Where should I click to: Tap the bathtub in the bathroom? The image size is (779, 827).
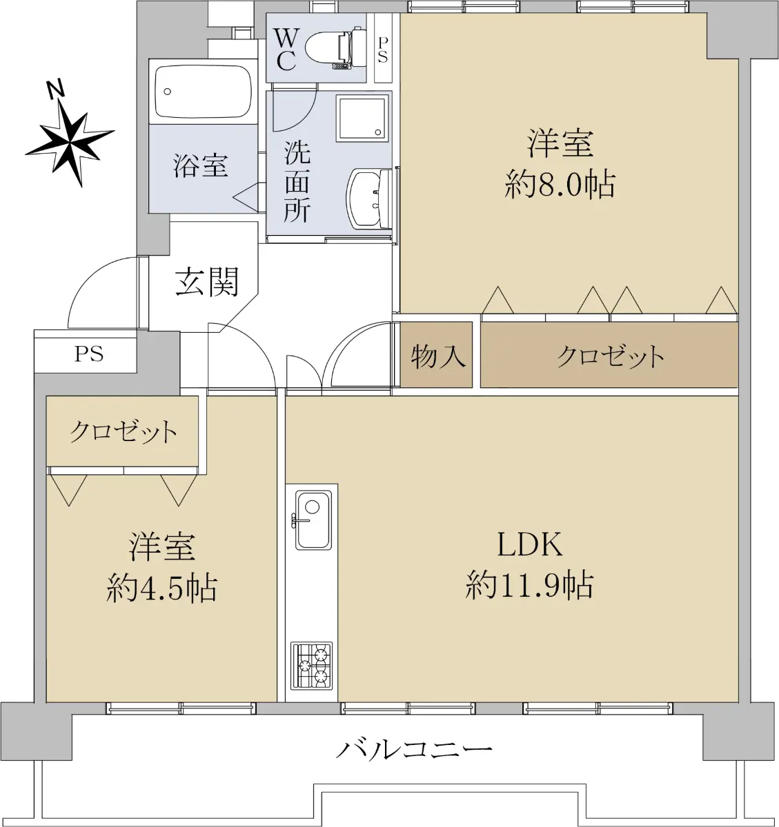(204, 93)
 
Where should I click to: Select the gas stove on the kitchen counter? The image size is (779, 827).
(311, 666)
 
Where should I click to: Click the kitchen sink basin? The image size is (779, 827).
(313, 520)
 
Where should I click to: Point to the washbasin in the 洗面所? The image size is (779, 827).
(370, 199)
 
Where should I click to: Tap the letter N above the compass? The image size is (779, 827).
(55, 89)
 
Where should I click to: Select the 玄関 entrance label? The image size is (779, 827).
(206, 282)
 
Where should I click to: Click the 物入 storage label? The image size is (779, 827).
(437, 356)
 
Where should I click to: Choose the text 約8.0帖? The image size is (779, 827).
(560, 185)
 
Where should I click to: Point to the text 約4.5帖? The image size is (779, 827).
(161, 588)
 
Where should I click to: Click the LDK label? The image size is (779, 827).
(530, 544)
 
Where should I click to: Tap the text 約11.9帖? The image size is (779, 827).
(529, 585)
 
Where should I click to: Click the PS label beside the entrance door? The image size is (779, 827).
(89, 354)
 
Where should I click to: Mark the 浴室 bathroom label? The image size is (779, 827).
(201, 165)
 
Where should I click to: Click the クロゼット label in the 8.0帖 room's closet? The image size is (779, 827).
(610, 356)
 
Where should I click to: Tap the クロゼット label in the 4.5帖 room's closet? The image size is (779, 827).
(123, 432)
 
